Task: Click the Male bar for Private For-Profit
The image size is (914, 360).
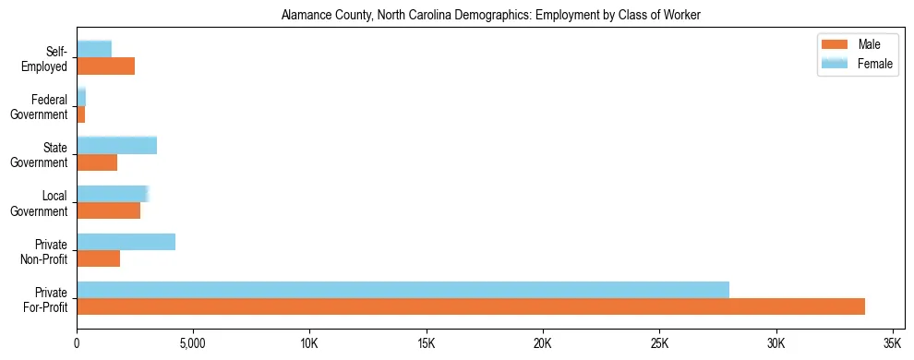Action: tap(471, 306)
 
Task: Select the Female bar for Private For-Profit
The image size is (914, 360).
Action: tap(403, 290)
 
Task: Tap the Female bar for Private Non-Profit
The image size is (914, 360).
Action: tap(126, 242)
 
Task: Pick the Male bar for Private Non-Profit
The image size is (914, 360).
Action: tap(98, 258)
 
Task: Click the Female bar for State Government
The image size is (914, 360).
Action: tap(116, 145)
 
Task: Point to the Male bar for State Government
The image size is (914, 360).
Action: tap(97, 162)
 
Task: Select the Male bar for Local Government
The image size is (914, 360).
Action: tap(108, 210)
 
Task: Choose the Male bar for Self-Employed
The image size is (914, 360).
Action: tap(105, 66)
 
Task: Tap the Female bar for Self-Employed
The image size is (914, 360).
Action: tap(94, 49)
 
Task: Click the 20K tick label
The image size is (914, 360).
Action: tap(542, 343)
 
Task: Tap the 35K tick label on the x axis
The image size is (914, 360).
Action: tap(892, 343)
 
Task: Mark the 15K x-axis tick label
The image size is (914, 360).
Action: tap(426, 343)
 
